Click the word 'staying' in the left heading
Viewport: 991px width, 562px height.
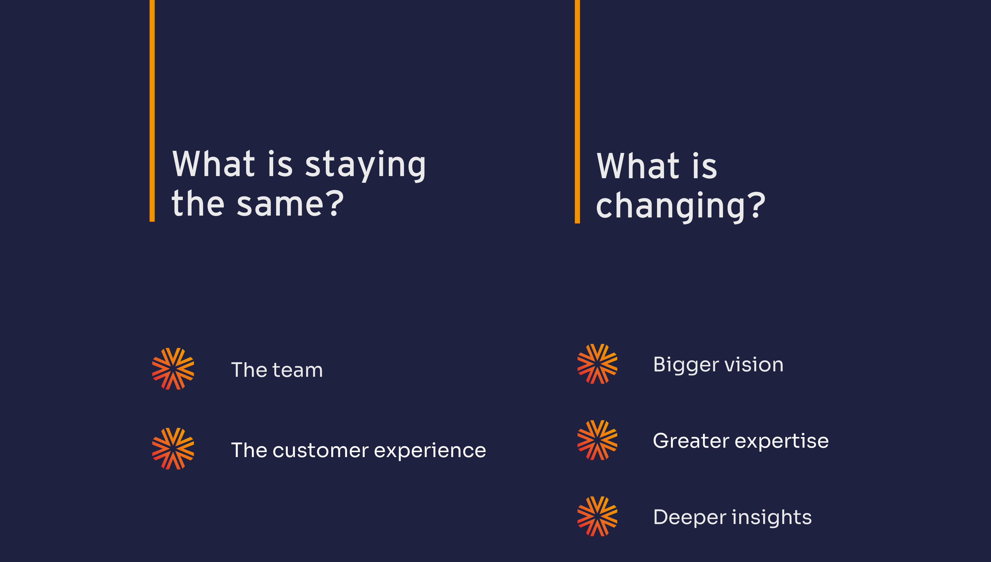[x=365, y=165]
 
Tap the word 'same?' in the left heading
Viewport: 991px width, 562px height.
[x=290, y=203]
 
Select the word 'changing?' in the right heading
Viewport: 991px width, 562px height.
[x=680, y=207]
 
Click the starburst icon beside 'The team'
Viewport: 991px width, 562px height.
[x=173, y=369]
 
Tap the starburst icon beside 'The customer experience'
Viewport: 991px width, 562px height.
[x=173, y=449]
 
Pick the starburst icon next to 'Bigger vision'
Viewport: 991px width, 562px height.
[x=597, y=364]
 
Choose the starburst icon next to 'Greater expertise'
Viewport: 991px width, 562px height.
[x=597, y=440]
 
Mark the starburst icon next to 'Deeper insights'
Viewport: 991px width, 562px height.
[x=597, y=516]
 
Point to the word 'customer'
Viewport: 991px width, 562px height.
[x=320, y=450]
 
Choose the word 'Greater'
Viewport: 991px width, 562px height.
[x=691, y=441]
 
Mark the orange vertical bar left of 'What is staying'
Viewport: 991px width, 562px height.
[x=152, y=111]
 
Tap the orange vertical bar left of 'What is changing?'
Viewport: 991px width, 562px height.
[x=577, y=112]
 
